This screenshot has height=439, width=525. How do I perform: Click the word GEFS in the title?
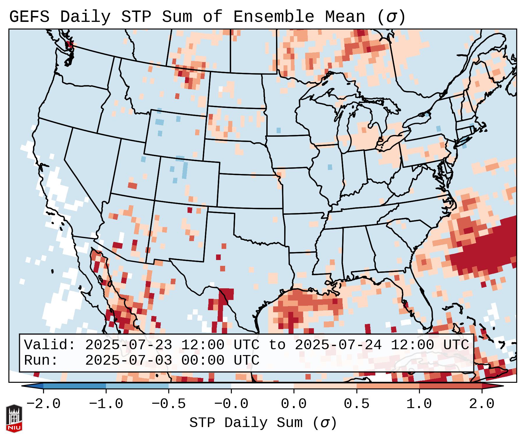[29, 17]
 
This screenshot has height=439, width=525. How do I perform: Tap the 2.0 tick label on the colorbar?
[482, 404]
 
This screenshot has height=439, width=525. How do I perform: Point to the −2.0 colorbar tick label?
[43, 404]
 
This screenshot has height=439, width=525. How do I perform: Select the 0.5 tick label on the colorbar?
[356, 404]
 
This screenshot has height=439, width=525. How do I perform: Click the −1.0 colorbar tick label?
[106, 404]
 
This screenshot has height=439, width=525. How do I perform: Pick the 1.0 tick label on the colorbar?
[419, 404]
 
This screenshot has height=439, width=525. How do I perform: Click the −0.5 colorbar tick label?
[169, 404]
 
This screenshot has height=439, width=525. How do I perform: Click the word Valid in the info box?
[49, 345]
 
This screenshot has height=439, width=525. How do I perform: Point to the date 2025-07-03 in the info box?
[128, 360]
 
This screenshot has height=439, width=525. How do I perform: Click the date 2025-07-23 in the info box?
[128, 345]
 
